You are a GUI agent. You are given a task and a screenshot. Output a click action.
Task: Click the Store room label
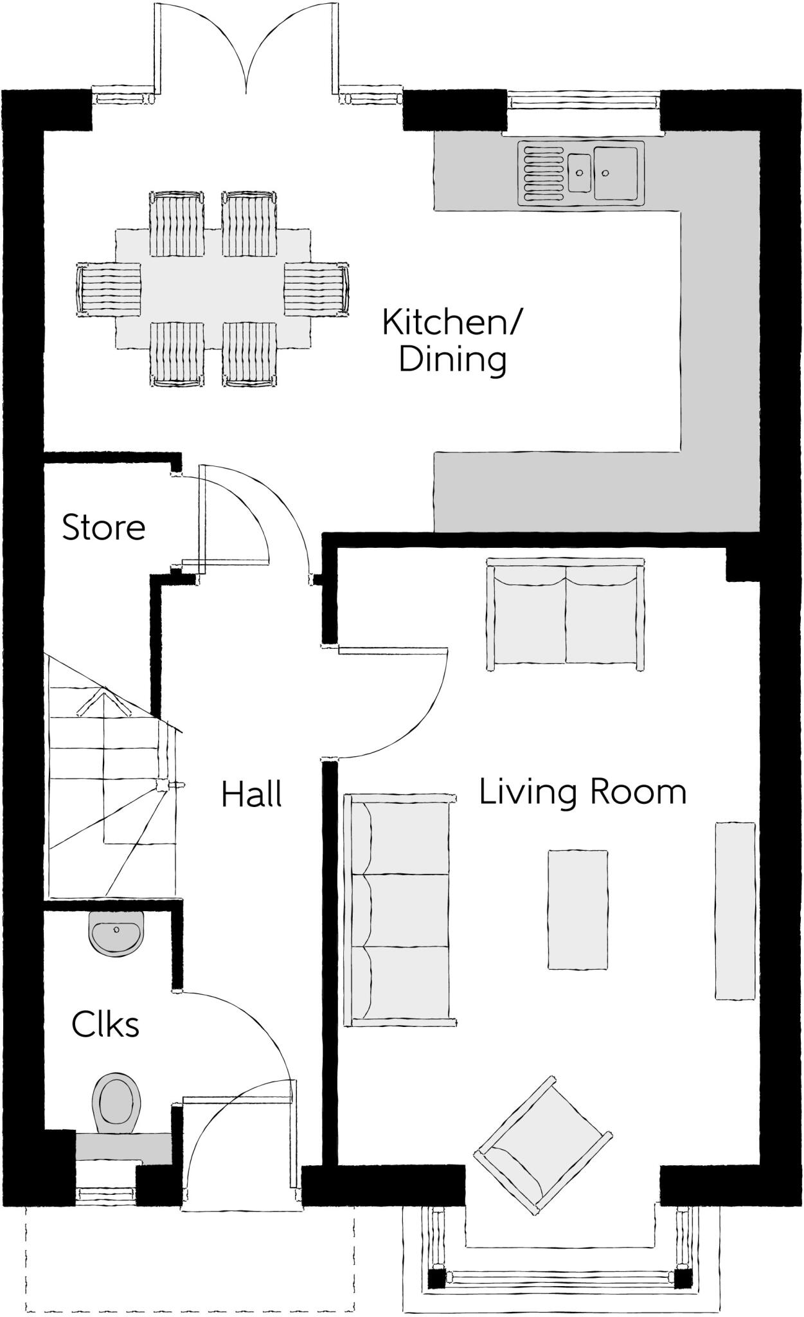pos(103,527)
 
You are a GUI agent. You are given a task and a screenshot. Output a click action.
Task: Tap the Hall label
pos(252,794)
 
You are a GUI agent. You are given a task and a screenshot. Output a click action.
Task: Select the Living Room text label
pos(583,792)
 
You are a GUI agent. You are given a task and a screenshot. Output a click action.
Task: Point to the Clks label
pos(105,1024)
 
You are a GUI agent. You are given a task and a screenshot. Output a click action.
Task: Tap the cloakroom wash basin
pos(116,933)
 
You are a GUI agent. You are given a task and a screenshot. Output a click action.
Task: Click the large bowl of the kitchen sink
pos(615,173)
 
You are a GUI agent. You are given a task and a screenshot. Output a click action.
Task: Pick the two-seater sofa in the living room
pos(566,615)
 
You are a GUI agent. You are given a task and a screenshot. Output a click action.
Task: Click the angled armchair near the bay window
pos(543,1145)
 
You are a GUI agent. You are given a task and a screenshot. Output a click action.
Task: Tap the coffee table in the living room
pos(577,909)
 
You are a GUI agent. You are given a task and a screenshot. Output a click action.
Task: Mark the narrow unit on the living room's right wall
pos(735,911)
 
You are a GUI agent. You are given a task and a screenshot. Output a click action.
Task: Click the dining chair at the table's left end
pos(109,288)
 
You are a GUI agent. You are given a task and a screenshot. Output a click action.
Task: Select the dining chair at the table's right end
pos(317,288)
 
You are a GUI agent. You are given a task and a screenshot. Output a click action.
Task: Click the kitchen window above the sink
pos(584,100)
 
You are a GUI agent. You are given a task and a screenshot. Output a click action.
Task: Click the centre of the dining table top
pos(213,288)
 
